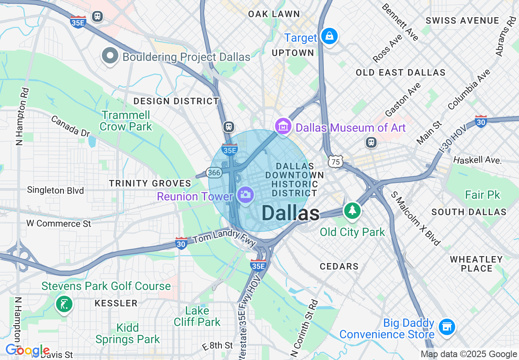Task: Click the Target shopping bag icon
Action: (x=329, y=36)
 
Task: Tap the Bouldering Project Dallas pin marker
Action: (x=110, y=56)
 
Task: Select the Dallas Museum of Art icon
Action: (x=283, y=126)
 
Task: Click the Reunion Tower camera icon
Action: (x=246, y=194)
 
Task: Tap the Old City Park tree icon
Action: (x=352, y=211)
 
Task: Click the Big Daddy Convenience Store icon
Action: (x=447, y=327)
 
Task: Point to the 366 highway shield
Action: (x=214, y=173)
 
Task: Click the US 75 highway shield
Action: (x=336, y=162)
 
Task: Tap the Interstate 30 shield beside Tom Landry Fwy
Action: (x=181, y=243)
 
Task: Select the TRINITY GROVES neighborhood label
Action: (x=150, y=183)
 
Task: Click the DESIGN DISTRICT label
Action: (x=176, y=101)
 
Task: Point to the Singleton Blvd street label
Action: (x=55, y=190)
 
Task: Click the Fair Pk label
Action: (x=483, y=195)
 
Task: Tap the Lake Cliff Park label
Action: (x=197, y=316)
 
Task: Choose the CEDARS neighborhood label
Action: (x=339, y=266)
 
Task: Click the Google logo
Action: (x=28, y=351)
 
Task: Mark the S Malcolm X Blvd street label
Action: (x=416, y=218)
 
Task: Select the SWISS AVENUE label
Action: (x=463, y=20)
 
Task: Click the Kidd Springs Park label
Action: (x=128, y=333)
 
